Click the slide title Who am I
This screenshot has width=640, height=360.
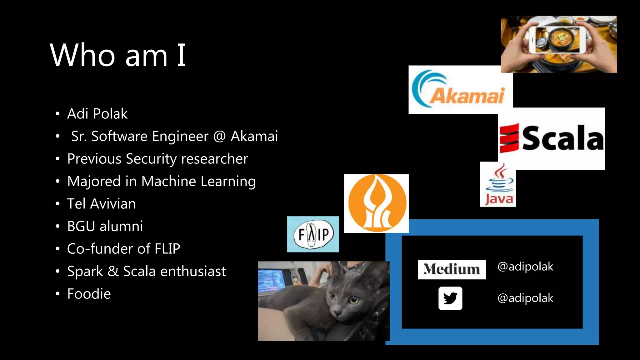click(118, 55)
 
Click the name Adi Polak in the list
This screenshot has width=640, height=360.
click(97, 114)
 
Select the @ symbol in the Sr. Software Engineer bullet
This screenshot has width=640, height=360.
click(219, 137)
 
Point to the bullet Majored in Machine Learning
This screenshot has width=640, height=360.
click(161, 182)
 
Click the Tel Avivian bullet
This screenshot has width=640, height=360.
click(101, 204)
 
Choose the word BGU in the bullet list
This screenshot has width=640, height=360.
click(81, 226)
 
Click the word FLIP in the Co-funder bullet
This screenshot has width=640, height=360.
click(167, 249)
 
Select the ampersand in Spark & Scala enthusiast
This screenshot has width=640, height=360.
click(113, 271)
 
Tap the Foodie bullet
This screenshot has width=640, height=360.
click(89, 294)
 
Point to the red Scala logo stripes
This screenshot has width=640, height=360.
click(509, 138)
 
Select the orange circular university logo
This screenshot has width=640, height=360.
click(377, 203)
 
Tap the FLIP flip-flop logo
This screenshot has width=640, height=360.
click(313, 234)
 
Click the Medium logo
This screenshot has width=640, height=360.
click(452, 269)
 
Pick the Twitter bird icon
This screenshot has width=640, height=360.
click(450, 298)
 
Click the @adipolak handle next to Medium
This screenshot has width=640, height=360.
click(525, 267)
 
